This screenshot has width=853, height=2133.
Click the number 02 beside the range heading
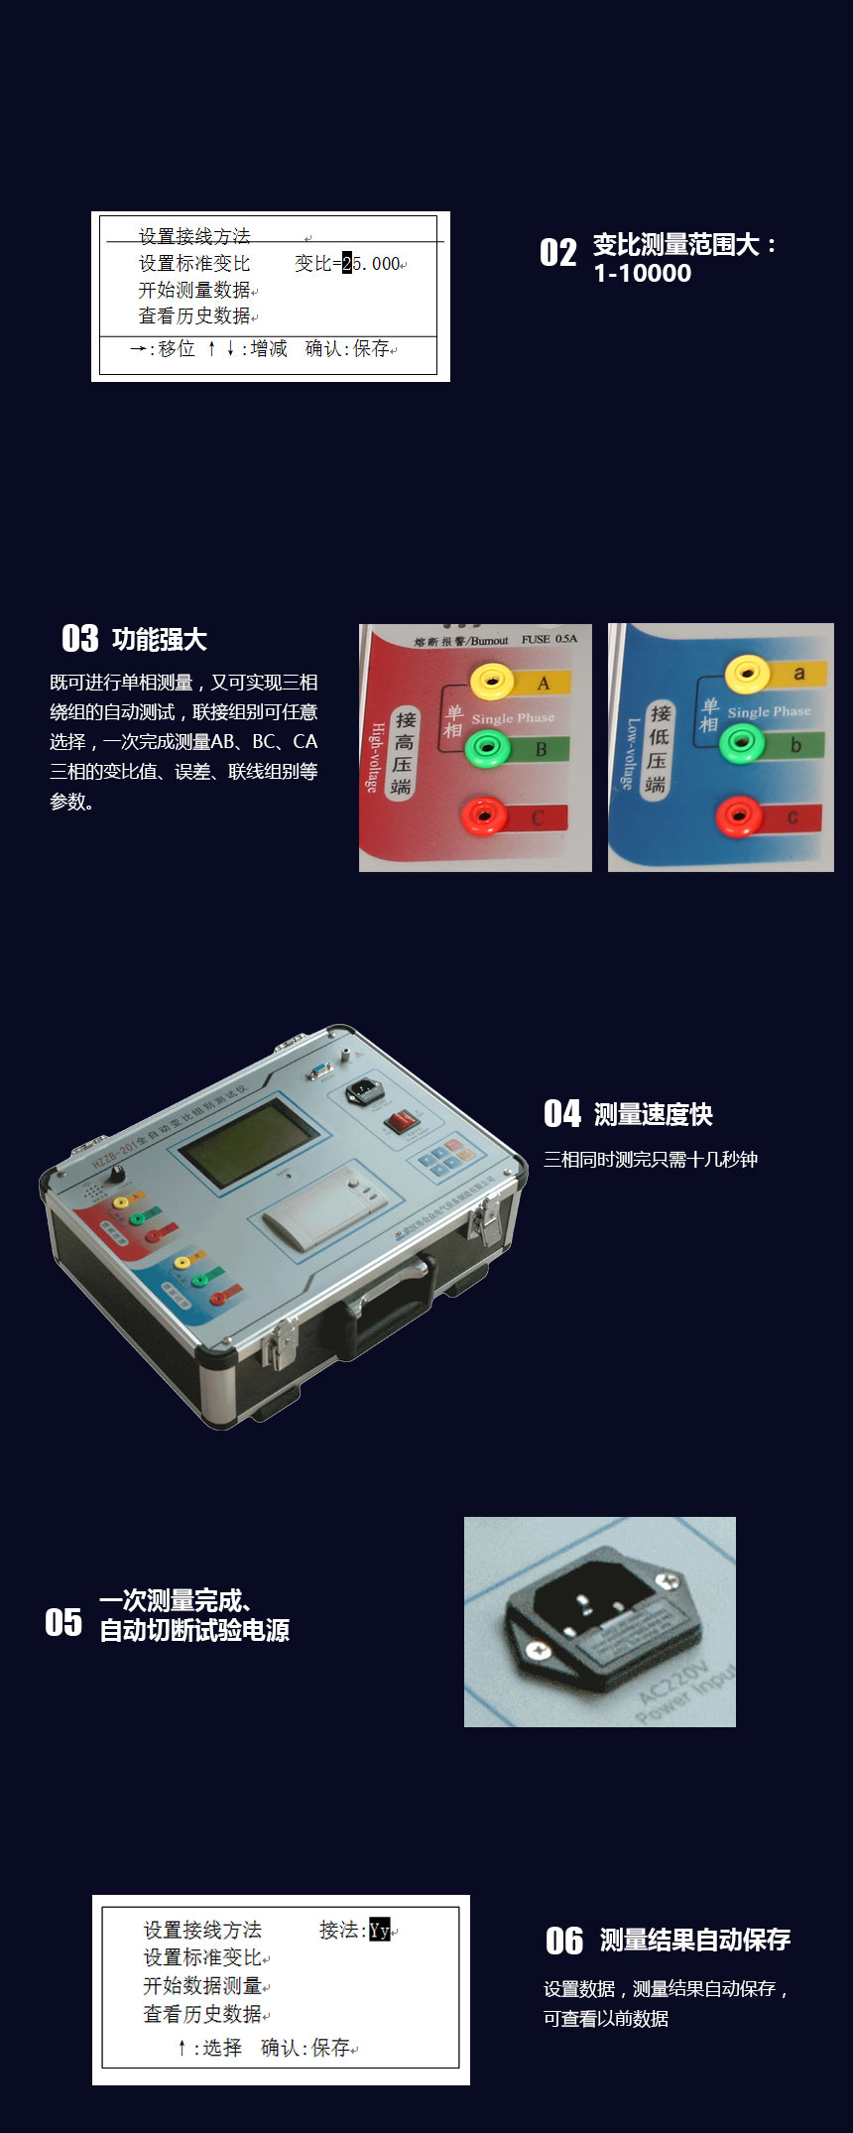tap(557, 253)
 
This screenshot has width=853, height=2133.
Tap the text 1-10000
tap(642, 274)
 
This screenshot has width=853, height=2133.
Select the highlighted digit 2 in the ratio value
tap(347, 264)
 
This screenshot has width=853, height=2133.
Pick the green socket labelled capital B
tap(487, 747)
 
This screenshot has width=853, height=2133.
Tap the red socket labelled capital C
tap(485, 816)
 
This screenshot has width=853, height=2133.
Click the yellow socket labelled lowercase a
tap(747, 675)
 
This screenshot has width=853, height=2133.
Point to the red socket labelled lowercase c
tap(739, 816)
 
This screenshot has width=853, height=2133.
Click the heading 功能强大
tap(159, 640)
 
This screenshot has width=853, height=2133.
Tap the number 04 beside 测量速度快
tap(561, 1114)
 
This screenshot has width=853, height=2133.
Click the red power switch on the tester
tap(401, 1122)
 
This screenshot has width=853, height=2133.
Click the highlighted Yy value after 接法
tap(379, 1930)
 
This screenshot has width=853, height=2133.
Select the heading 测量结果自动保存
tap(694, 1940)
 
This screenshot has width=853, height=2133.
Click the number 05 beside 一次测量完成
tap(63, 1622)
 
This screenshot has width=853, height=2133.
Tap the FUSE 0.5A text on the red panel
tap(548, 639)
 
